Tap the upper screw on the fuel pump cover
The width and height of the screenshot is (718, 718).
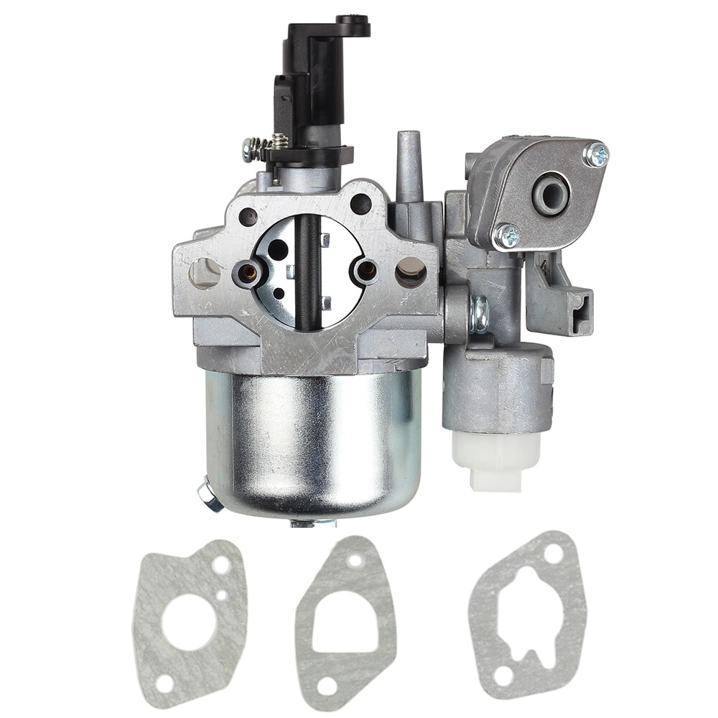[x=595, y=154]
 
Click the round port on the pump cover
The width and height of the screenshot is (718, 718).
[x=551, y=194]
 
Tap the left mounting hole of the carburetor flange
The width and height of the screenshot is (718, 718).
[x=205, y=273]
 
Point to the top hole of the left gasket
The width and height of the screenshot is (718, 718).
[x=220, y=564]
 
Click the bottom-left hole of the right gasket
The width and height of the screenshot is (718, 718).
[x=503, y=675]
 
